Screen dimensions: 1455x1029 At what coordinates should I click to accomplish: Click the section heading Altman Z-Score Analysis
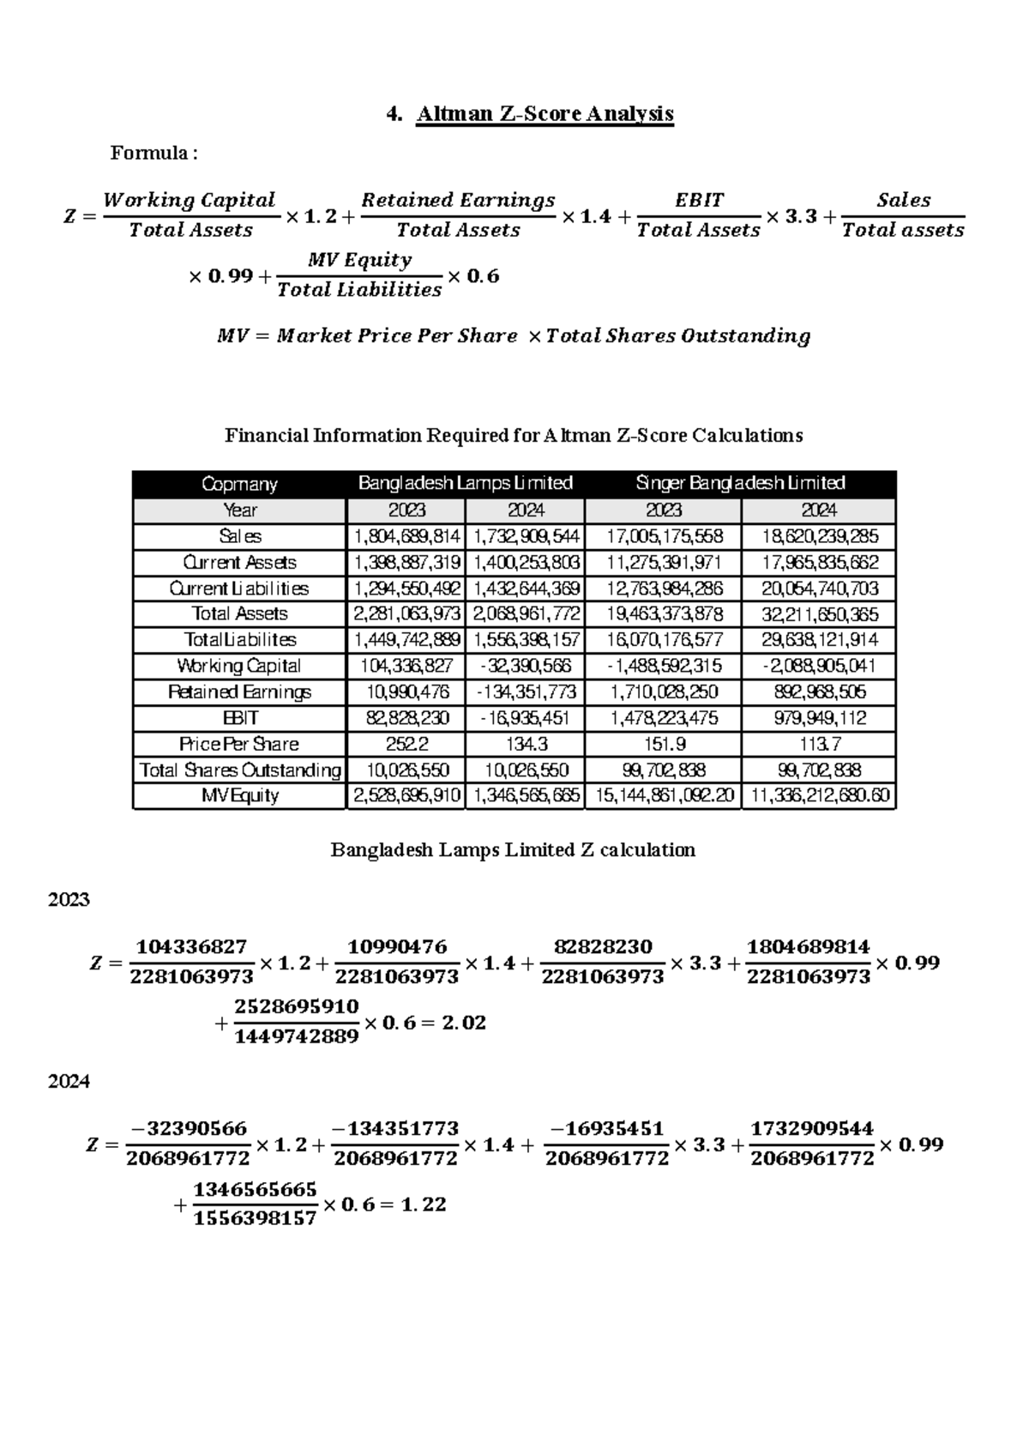[545, 114]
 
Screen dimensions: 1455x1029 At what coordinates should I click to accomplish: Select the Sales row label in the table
[239, 536]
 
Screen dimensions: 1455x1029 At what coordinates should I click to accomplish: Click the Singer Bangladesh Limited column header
[740, 483]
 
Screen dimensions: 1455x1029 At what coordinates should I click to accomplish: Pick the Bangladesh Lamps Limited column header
[465, 483]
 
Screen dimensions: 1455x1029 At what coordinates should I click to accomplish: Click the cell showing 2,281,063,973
[406, 614]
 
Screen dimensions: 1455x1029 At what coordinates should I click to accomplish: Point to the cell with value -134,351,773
[526, 691]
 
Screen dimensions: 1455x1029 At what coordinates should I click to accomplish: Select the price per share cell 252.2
[406, 744]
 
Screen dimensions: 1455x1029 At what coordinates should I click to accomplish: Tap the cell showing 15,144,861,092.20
[664, 795]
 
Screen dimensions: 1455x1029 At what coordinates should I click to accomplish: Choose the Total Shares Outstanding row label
[239, 770]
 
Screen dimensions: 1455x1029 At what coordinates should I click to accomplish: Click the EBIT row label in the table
[239, 718]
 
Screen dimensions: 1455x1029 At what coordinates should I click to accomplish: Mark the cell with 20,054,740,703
[819, 589]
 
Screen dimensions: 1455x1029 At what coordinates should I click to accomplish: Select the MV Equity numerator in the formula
[359, 260]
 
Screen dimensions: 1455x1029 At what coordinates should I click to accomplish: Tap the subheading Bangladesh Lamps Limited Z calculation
[513, 850]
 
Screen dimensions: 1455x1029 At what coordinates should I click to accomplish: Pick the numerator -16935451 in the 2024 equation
[606, 1129]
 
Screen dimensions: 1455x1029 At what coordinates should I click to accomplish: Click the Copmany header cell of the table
[239, 484]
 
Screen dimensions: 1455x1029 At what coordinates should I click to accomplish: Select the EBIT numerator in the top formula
[699, 201]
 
